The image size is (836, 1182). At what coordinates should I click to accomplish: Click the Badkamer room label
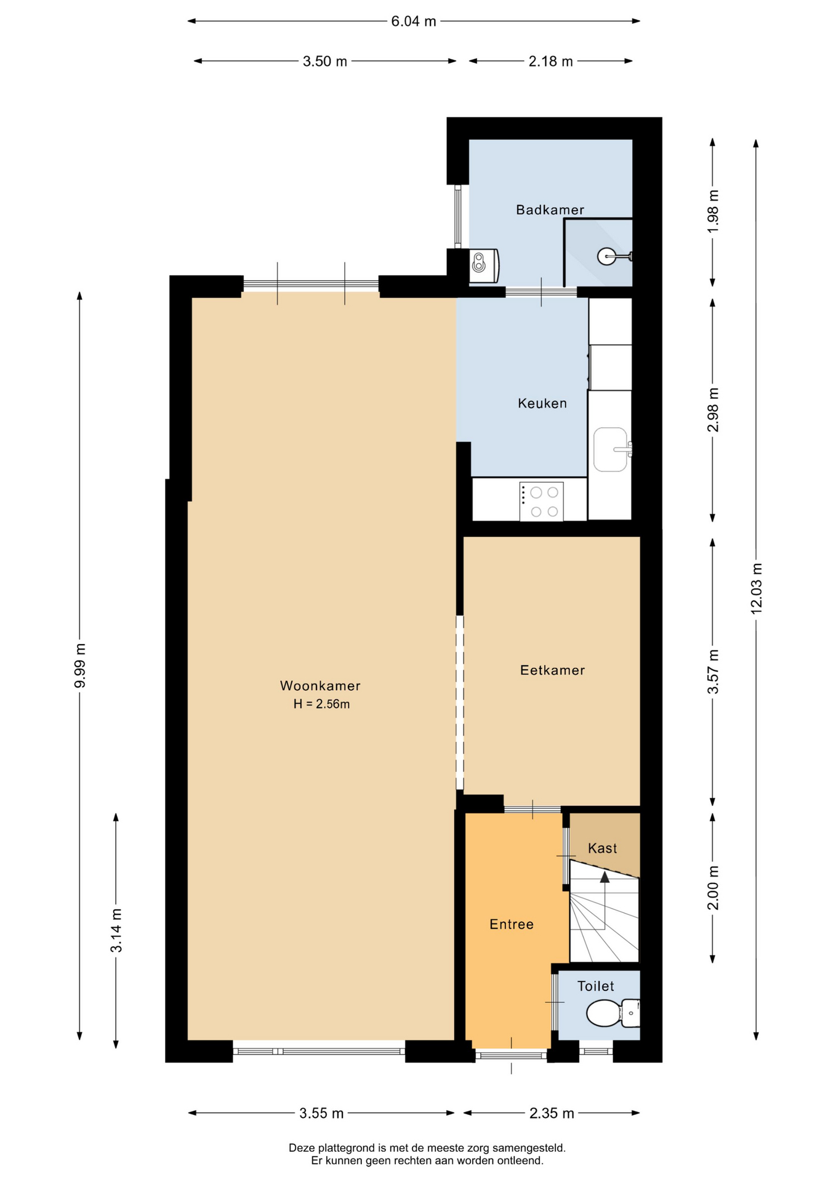point(550,210)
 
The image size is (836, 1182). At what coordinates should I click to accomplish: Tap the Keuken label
point(542,403)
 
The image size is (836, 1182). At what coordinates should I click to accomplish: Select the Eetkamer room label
point(552,670)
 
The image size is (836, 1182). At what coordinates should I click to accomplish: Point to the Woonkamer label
point(320,686)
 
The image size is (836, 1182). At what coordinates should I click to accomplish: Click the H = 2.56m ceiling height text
point(321,704)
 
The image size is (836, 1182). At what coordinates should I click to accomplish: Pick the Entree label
point(511,924)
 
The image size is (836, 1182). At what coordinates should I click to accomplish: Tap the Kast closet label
point(602,848)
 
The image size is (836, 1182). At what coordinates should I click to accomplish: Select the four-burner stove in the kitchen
point(541,502)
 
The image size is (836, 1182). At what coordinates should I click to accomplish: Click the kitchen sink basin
point(611,449)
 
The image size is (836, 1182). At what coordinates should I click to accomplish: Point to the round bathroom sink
point(606,256)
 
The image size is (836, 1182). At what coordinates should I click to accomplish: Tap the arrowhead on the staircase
point(605,877)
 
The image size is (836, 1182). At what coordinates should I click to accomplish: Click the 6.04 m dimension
point(414,22)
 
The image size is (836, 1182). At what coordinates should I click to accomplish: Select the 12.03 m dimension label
point(757,588)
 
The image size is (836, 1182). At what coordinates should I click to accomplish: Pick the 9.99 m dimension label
point(80,666)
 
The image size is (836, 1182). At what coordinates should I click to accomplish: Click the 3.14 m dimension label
point(116,930)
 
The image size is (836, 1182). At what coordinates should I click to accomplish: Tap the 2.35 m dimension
point(552,1113)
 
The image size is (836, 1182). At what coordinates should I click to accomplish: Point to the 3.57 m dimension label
point(713,672)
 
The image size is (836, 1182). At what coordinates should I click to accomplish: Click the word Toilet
point(595,986)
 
